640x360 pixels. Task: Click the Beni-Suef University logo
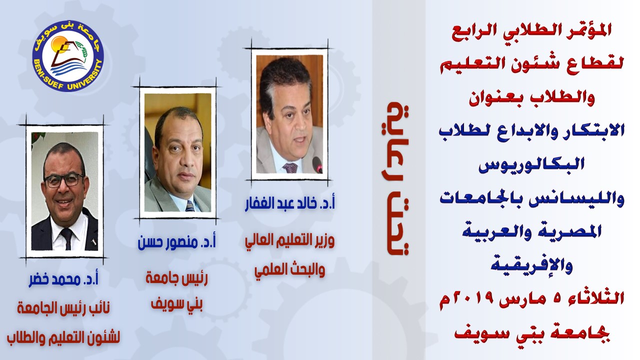(67, 56)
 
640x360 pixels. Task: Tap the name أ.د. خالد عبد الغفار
(289, 203)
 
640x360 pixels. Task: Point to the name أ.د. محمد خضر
(63, 279)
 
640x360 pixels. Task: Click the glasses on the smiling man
(64, 180)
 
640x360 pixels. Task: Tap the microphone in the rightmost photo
(317, 164)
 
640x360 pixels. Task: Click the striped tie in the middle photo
(190, 205)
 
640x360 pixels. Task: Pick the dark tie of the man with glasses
(67, 238)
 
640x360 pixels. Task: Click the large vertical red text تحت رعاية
(397, 178)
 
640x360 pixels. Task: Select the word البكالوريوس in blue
(531, 164)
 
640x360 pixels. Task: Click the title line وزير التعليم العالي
(289, 241)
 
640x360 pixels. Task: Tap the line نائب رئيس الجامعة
(63, 308)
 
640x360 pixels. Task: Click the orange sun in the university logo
(59, 44)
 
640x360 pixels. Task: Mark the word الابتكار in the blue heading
(593, 131)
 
